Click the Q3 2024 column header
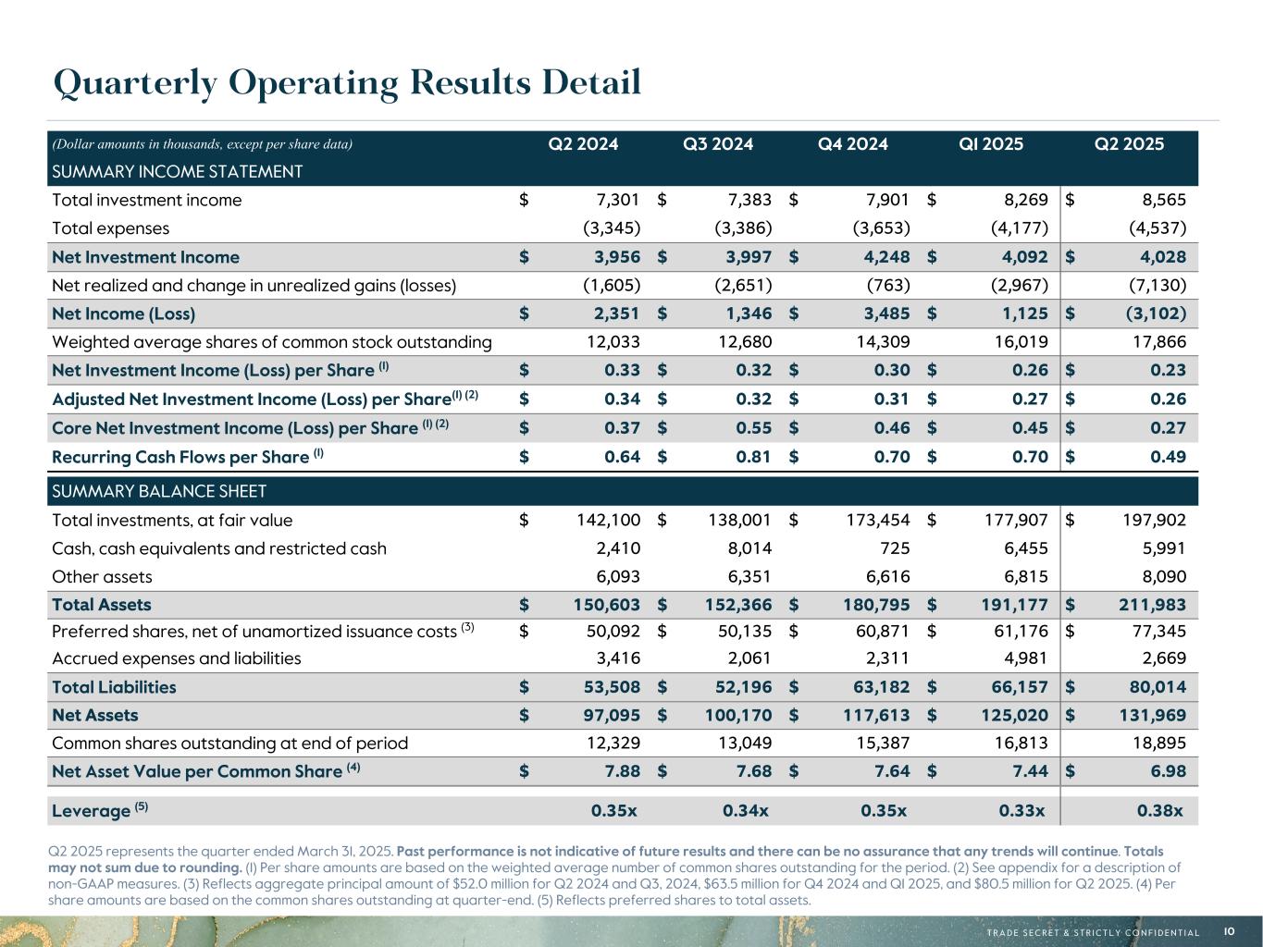pos(718,143)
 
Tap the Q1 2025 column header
pos(991,143)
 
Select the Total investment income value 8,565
pos(1158,200)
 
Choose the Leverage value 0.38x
pos(1159,811)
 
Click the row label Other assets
pos(102,577)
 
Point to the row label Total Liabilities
pos(114,687)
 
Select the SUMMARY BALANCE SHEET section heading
pos(159,491)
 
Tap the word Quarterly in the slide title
pos(135,83)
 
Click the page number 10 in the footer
pos(1229,931)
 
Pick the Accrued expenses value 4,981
pos(1025,658)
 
